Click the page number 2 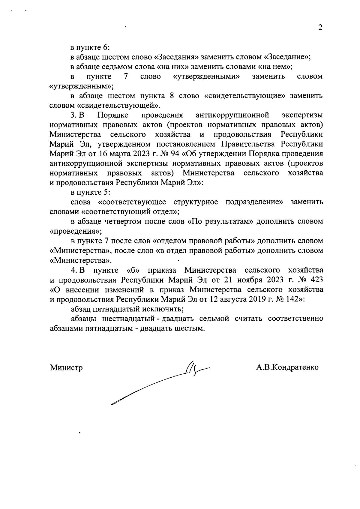320,28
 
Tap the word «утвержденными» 207,76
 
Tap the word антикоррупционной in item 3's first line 231,115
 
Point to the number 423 316,280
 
